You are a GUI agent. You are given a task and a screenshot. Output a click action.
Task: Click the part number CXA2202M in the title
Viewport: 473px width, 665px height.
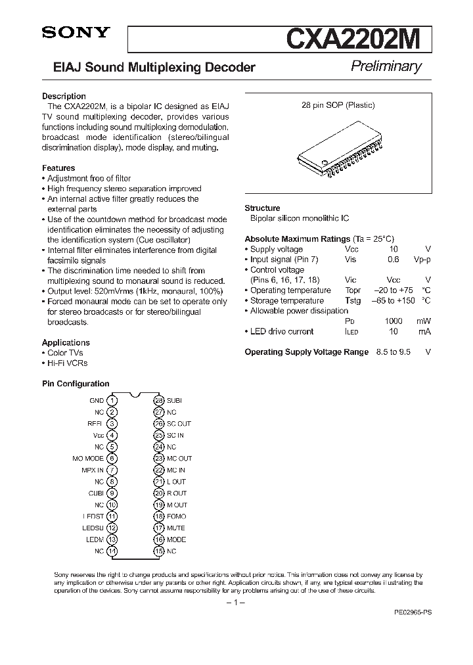coord(357,39)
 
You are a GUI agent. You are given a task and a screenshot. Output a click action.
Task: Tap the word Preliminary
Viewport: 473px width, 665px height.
coord(386,66)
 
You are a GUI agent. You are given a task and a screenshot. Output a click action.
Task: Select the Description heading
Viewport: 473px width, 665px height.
coord(64,96)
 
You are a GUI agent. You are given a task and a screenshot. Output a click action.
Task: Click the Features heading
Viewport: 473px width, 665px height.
coord(58,168)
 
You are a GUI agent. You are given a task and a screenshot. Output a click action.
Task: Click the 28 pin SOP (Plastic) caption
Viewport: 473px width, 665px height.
coord(338,105)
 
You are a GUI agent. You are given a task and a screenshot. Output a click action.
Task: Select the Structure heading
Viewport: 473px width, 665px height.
coord(262,208)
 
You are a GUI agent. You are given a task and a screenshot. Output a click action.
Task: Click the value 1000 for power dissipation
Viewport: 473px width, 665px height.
coord(394,321)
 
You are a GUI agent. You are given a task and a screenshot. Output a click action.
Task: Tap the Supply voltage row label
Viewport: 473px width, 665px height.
coord(276,249)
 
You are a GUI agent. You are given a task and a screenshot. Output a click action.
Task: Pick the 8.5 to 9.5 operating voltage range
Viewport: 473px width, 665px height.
coord(393,352)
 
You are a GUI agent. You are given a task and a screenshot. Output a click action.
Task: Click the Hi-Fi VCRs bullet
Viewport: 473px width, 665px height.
coord(67,363)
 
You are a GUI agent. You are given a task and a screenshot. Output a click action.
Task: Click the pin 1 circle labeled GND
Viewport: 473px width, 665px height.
coord(112,400)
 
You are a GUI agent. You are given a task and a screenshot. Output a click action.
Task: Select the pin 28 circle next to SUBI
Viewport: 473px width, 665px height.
coord(158,400)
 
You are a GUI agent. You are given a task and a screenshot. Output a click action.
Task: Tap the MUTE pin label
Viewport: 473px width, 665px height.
coord(176,528)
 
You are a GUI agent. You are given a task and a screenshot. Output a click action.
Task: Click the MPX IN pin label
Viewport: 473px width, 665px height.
coord(93,470)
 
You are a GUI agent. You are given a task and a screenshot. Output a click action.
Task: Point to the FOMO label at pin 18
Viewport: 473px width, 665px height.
coord(177,516)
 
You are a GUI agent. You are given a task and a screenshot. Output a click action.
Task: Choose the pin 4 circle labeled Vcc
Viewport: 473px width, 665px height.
coord(112,435)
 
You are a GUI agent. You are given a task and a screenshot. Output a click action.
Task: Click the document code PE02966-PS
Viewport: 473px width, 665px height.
coord(413,611)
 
